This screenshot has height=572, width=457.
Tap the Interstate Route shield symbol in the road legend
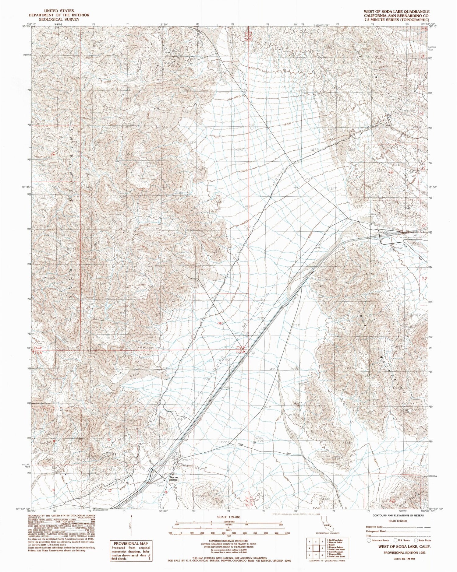(x=370, y=540)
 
